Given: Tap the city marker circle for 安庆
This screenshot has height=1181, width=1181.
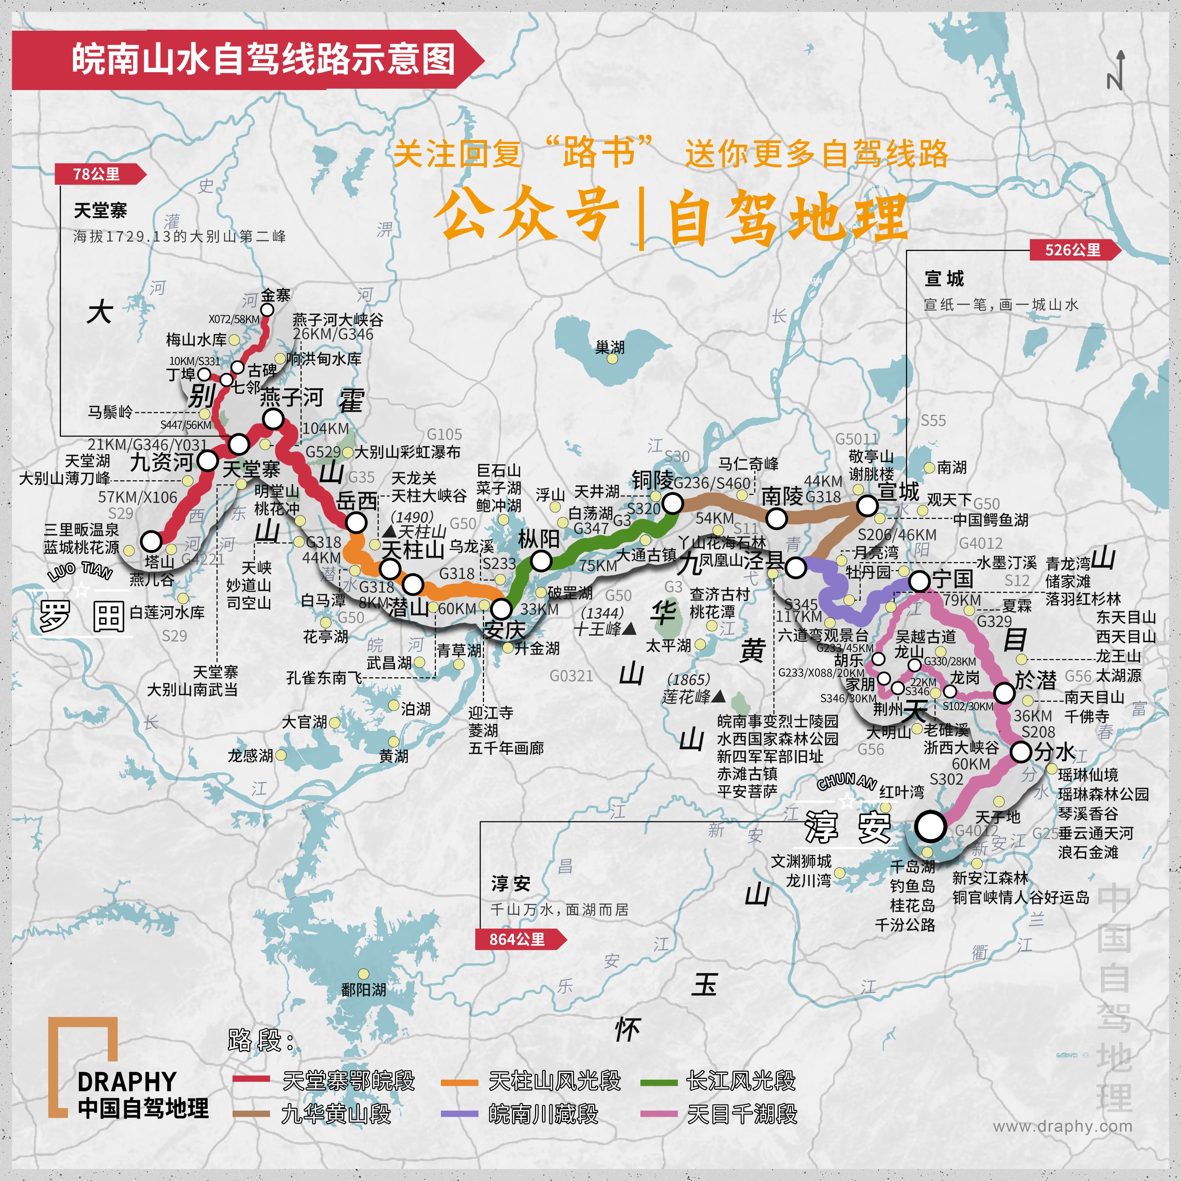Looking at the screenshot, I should click(501, 609).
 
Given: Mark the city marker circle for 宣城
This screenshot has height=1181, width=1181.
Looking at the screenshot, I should click(867, 506).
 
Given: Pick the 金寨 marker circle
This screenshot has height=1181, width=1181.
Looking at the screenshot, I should click(267, 310).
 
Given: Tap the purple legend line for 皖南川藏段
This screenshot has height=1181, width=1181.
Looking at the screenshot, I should click(459, 1114).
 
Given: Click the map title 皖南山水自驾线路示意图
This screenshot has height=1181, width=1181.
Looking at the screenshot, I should click(263, 59).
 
